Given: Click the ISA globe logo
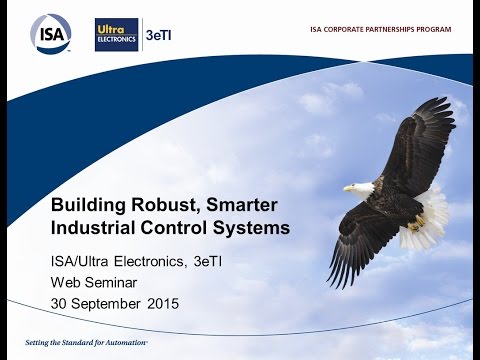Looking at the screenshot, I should (50, 33).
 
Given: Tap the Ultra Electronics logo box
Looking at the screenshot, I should (116, 34).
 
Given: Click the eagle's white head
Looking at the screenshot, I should (362, 187).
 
